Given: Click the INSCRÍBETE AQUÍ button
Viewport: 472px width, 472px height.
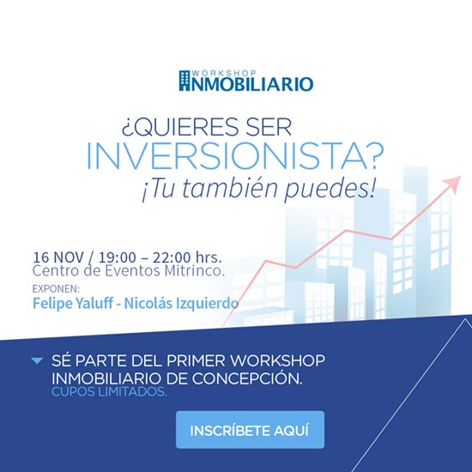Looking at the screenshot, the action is [250, 430].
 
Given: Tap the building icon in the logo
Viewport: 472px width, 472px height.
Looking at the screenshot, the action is [185, 81].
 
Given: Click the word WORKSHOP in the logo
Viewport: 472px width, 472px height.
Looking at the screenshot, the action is [224, 74].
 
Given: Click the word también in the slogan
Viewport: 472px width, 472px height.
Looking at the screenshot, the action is [229, 188].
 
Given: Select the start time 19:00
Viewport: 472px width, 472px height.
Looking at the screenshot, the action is [117, 257].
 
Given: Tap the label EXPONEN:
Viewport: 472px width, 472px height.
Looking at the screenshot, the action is [56, 288].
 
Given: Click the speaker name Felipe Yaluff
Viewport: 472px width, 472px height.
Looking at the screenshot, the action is [73, 303].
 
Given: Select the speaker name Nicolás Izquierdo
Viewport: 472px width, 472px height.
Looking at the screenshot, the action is [182, 303].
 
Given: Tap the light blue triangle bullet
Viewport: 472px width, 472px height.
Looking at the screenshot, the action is [37, 360].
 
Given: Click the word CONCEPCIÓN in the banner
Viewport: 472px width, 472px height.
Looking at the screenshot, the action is [247, 378].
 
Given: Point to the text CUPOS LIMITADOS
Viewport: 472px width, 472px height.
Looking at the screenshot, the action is [109, 391].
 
